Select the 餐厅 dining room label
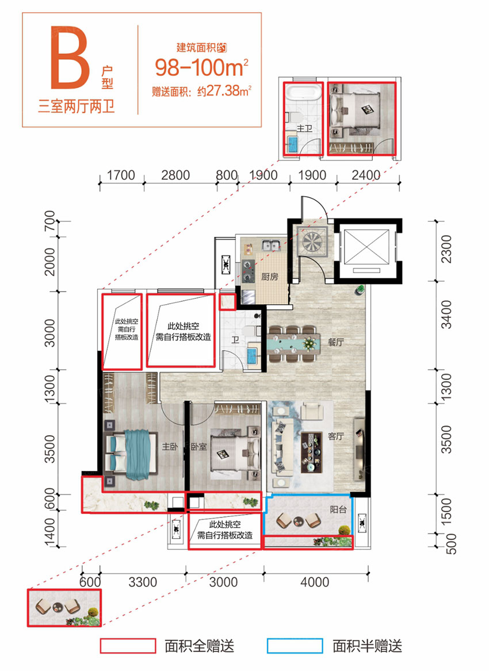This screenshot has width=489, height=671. [x=335, y=342]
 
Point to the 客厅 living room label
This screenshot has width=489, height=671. [x=335, y=436]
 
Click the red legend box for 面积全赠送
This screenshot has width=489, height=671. [x=128, y=646]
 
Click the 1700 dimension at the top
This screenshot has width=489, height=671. [x=121, y=175]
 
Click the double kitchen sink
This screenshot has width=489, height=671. [x=271, y=246]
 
